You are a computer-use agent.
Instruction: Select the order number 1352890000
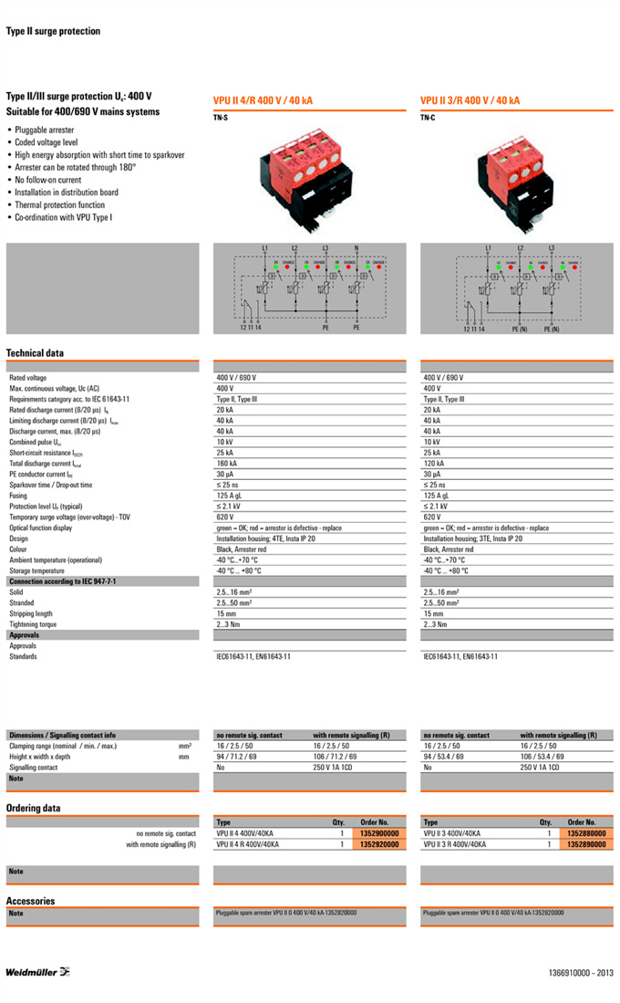(586, 844)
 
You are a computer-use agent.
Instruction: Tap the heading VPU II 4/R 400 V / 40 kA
(263, 100)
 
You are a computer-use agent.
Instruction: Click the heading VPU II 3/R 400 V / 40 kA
(470, 100)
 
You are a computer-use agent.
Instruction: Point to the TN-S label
(221, 118)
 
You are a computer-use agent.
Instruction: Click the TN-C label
(428, 118)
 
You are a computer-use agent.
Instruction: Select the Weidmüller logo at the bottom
(38, 971)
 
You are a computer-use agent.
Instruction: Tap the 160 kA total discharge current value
(227, 464)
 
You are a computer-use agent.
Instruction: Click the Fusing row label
(22, 495)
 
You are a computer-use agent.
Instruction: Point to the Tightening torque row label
(33, 624)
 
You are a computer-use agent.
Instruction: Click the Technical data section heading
(35, 353)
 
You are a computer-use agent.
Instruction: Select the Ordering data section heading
(34, 808)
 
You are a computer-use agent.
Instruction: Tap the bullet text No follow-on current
(47, 180)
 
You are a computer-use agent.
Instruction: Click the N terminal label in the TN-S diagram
(356, 248)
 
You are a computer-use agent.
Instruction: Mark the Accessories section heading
(31, 900)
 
